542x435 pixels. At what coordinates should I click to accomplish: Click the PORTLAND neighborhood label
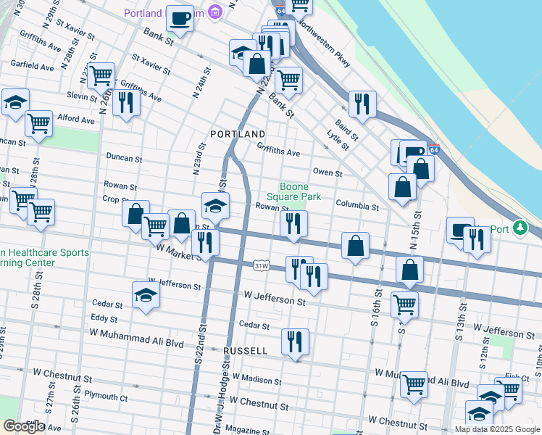(x=238, y=135)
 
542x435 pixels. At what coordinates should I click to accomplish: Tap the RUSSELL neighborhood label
(x=246, y=350)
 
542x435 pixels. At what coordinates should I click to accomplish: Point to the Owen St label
(x=328, y=172)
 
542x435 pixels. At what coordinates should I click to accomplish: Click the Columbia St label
(x=357, y=207)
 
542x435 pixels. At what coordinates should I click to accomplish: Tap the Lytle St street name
(x=338, y=139)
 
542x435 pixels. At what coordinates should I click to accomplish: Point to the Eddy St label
(x=104, y=319)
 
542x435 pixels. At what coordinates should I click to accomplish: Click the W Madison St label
(x=257, y=380)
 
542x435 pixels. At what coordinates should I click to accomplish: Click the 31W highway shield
(x=262, y=266)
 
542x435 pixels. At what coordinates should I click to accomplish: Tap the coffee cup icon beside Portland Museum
(x=180, y=17)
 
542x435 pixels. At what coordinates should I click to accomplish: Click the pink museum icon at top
(x=214, y=12)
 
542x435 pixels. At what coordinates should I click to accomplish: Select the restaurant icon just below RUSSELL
(x=295, y=341)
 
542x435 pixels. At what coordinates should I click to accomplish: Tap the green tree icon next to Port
(x=519, y=228)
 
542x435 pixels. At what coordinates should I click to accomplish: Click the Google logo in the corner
(x=23, y=426)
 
